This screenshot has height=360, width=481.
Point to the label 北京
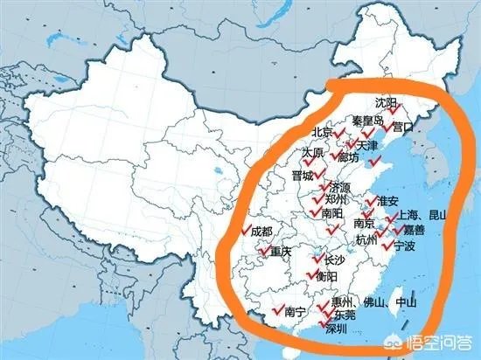(322, 133)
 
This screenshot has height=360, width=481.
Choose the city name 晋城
(302, 176)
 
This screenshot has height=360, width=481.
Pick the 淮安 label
(388, 201)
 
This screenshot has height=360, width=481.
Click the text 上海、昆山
(422, 214)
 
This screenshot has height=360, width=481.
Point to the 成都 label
(261, 232)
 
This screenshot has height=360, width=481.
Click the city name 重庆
(280, 253)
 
